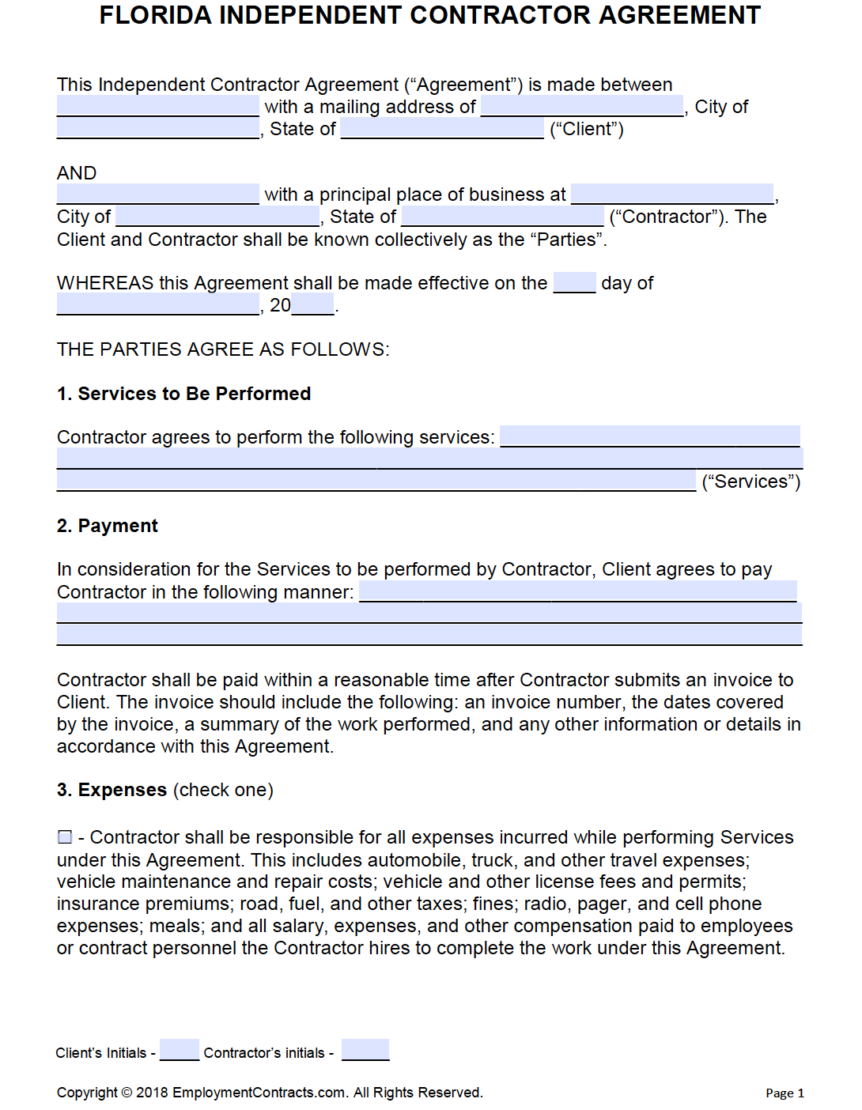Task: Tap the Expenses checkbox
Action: (x=65, y=836)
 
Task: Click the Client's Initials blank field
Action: (x=179, y=1050)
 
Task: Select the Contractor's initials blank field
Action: (x=365, y=1050)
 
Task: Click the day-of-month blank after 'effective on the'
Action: (x=574, y=282)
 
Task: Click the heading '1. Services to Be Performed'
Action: (x=183, y=394)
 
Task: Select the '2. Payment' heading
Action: (x=108, y=526)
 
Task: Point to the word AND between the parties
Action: (x=77, y=173)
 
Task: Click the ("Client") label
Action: (x=587, y=130)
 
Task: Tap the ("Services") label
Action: (x=750, y=481)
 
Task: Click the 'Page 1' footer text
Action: (x=784, y=1093)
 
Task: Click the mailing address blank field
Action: (x=582, y=106)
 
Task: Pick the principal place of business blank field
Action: (x=672, y=194)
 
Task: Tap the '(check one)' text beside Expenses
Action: (x=223, y=790)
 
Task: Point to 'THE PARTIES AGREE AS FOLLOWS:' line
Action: (x=223, y=349)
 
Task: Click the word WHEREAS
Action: (x=105, y=283)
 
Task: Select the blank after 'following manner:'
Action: (x=577, y=591)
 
